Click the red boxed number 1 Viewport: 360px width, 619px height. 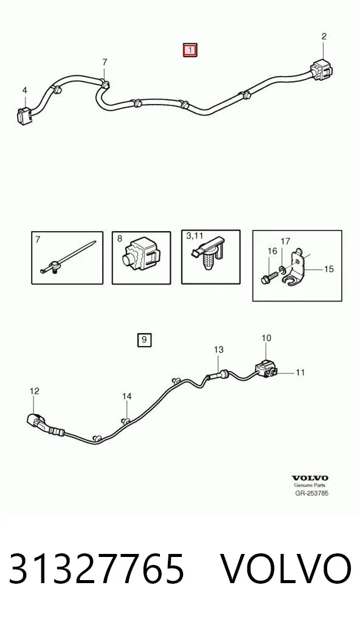(x=190, y=50)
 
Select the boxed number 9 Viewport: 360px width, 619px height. (x=144, y=339)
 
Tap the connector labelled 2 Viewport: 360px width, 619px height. (x=321, y=72)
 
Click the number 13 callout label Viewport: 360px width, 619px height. (x=219, y=350)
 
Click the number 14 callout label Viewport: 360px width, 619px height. (x=126, y=396)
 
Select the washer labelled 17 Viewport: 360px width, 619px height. (x=283, y=269)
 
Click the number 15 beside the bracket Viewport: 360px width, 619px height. (x=328, y=269)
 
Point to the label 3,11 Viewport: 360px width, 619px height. (x=194, y=236)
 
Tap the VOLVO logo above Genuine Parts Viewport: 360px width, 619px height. (x=310, y=478)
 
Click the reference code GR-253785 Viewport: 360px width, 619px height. (x=312, y=493)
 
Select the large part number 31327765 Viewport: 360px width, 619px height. (x=96, y=569)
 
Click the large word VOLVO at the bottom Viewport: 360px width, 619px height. (x=285, y=569)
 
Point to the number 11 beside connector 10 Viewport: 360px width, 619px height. (x=300, y=372)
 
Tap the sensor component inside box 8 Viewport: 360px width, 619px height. (x=140, y=257)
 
